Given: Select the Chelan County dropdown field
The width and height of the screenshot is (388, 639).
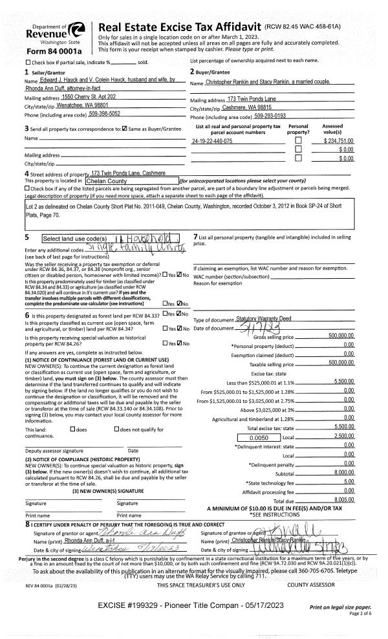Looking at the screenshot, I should (x=131, y=180).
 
